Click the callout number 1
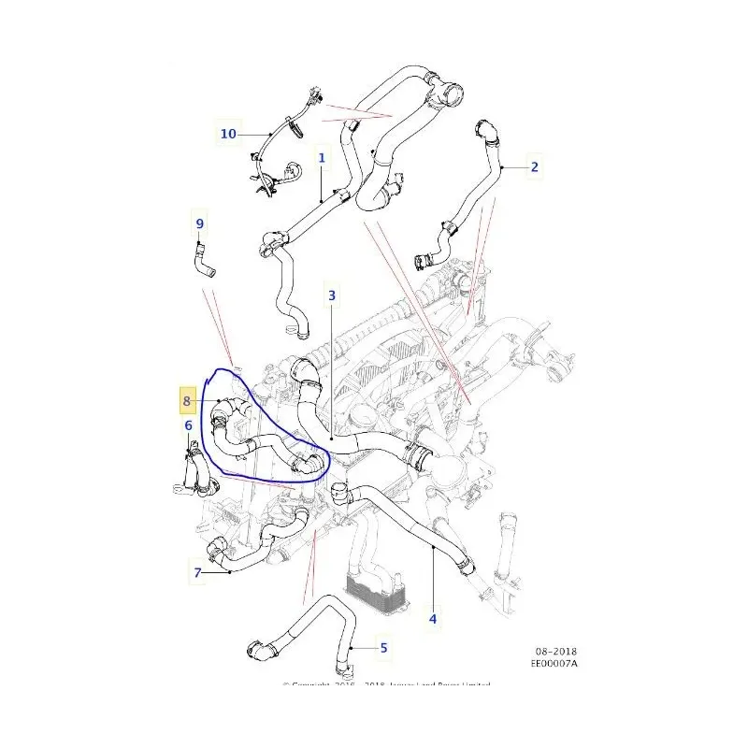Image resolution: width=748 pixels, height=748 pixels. pyautogui.click(x=322, y=159)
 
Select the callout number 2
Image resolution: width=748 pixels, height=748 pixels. pyautogui.click(x=534, y=167)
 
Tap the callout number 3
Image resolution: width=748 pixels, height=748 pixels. pyautogui.click(x=331, y=296)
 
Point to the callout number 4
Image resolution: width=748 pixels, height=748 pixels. pyautogui.click(x=432, y=618)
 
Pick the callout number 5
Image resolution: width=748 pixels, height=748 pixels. pyautogui.click(x=382, y=646)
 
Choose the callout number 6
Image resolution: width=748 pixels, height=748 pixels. pyautogui.click(x=188, y=426)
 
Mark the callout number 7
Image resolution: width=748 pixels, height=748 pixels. pyautogui.click(x=198, y=572)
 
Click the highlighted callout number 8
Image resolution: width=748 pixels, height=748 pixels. pyautogui.click(x=187, y=401)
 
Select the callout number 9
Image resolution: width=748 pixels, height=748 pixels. pyautogui.click(x=199, y=223)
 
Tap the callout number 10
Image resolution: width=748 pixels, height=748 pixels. pyautogui.click(x=228, y=134)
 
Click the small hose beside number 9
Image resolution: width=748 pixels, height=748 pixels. pyautogui.click(x=204, y=261)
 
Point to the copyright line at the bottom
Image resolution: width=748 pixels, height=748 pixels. pyautogui.click(x=387, y=685)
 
